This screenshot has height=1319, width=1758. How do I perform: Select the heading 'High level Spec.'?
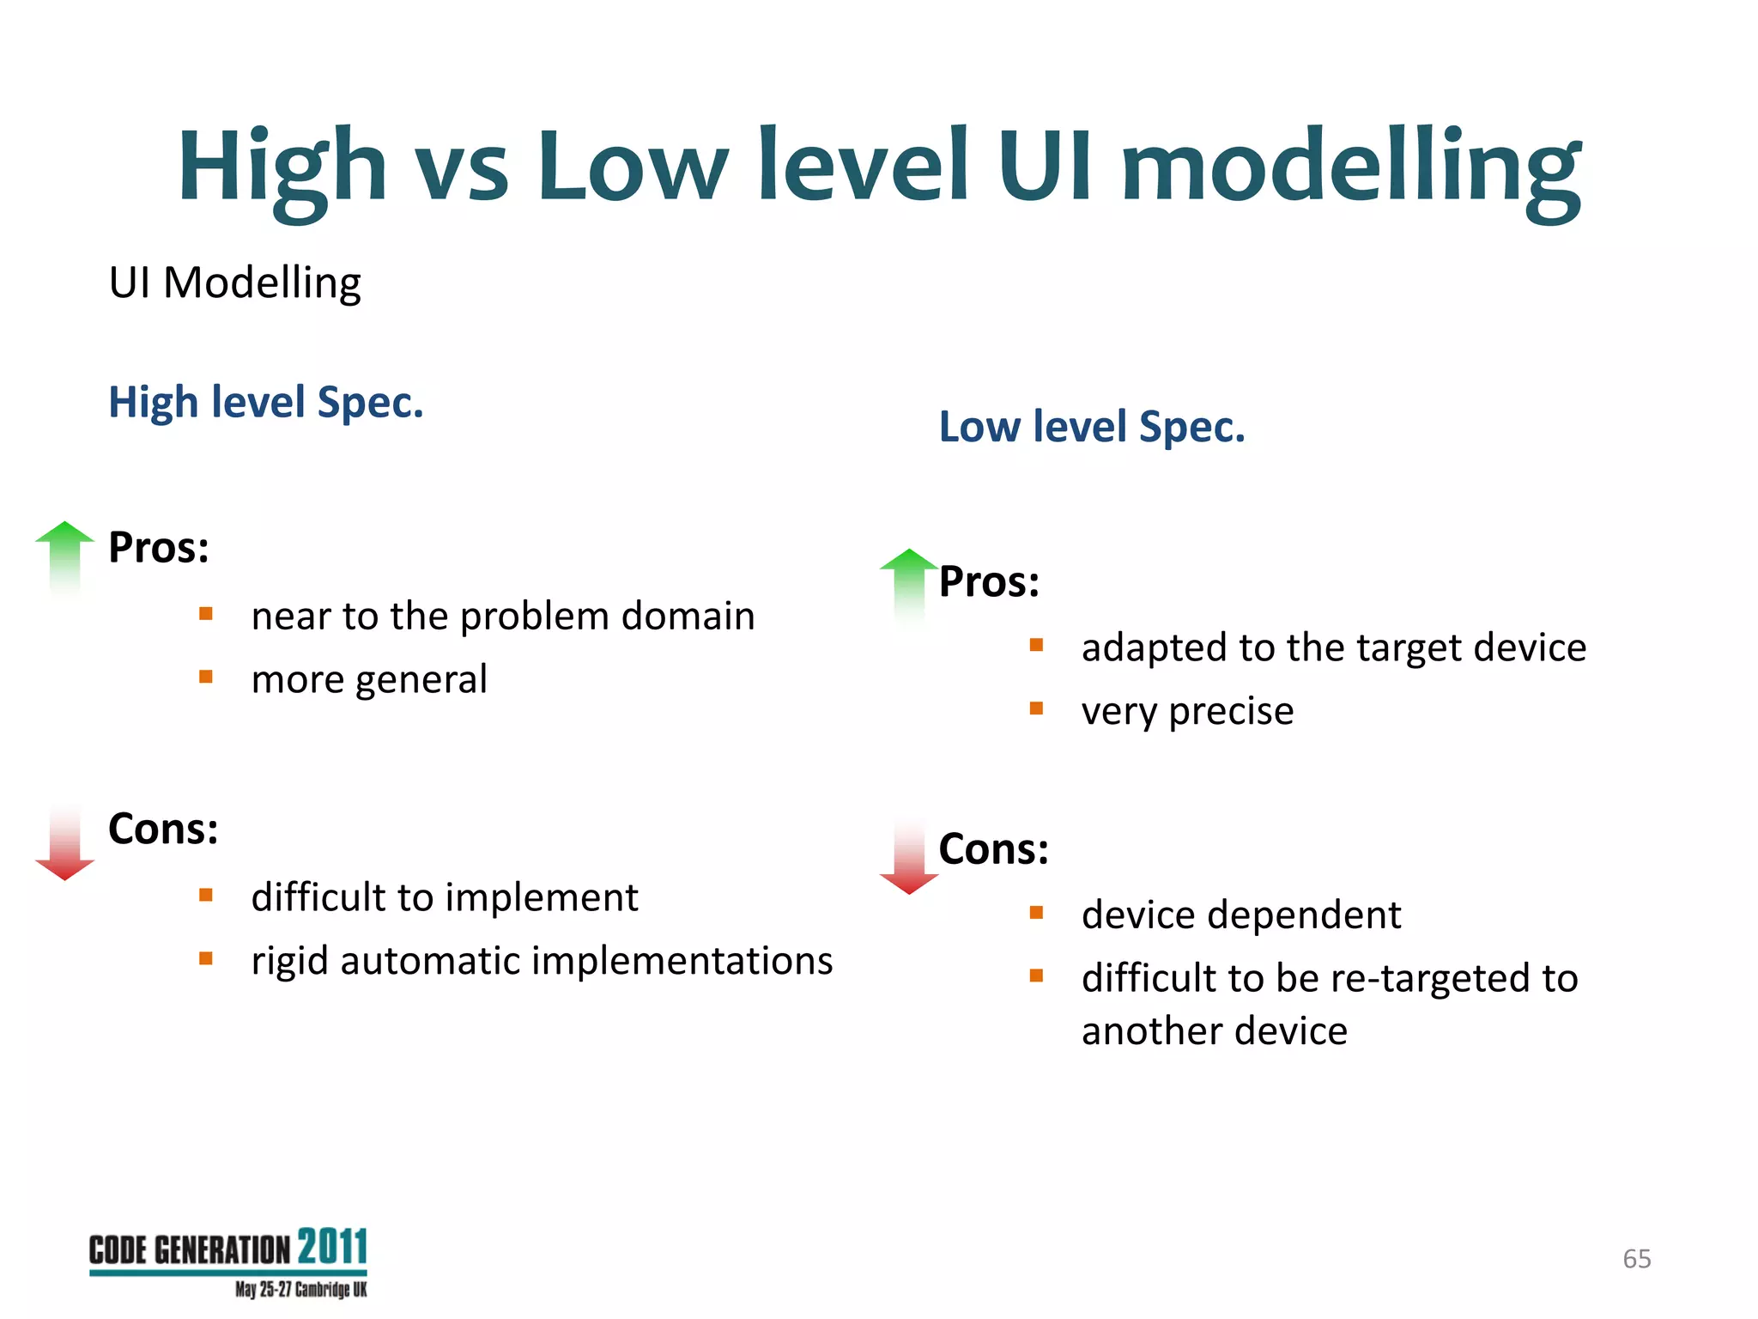(266, 402)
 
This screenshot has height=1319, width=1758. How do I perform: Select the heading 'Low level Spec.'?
(1091, 427)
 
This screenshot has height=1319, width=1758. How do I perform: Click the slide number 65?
(1636, 1259)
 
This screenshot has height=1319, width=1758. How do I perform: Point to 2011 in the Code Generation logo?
(332, 1247)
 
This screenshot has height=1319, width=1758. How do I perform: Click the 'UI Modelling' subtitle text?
(234, 283)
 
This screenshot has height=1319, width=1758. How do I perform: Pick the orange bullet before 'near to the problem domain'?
(206, 614)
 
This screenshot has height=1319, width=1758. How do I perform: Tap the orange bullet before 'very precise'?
(1036, 708)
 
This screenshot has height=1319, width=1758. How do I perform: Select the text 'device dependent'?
(1240, 915)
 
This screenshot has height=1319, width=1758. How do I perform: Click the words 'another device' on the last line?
(1214, 1031)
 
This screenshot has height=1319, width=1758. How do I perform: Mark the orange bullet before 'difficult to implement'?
(206, 896)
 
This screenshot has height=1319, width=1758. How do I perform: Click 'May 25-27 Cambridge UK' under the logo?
(300, 1290)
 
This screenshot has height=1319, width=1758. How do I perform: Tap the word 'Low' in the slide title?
(633, 167)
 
